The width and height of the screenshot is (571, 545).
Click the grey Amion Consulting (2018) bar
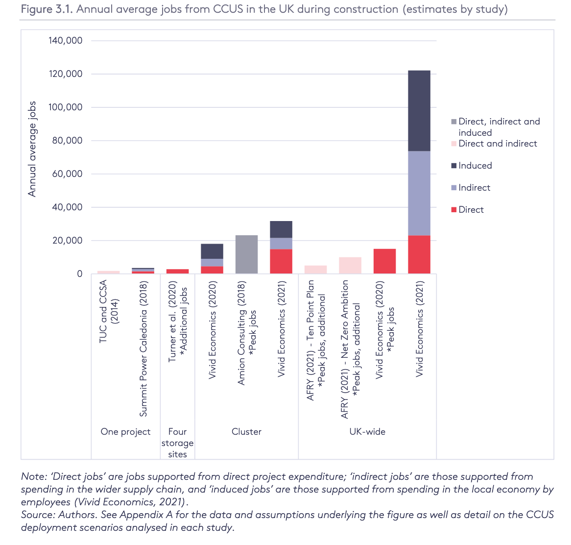point(246,254)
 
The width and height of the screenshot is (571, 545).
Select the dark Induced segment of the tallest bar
point(419,111)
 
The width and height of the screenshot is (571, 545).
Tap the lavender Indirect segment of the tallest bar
point(419,193)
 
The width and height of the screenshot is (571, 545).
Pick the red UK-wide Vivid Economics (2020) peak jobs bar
point(384,261)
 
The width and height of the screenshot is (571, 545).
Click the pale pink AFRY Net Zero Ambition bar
point(350,265)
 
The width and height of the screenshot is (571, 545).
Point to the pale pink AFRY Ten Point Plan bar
point(315,270)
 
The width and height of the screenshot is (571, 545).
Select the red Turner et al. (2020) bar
point(177,271)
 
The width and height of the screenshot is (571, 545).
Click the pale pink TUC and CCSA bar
point(108,272)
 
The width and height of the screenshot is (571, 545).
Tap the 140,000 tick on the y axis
point(66,41)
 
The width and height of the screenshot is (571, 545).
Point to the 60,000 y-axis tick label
point(66,174)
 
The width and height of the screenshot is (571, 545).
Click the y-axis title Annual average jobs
point(32,149)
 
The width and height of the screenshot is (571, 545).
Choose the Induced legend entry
point(475,166)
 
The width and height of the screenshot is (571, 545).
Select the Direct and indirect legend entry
point(497,144)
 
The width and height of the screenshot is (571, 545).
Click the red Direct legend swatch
point(454,210)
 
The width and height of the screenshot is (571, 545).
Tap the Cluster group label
point(246,432)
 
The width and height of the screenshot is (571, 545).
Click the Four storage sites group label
point(177,443)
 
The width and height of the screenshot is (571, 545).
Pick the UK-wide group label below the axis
point(367,432)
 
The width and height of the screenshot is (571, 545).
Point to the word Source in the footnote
point(37,515)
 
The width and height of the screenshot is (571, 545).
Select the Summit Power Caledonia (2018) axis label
point(143,349)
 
